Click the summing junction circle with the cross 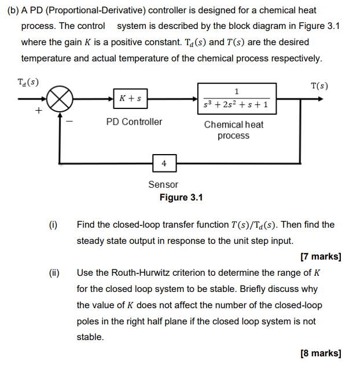tap(60, 99)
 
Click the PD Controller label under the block tap(134, 122)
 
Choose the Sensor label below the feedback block tap(163, 184)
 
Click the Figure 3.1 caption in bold tap(181, 198)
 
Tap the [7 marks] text tap(321, 256)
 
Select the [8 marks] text tap(321, 353)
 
